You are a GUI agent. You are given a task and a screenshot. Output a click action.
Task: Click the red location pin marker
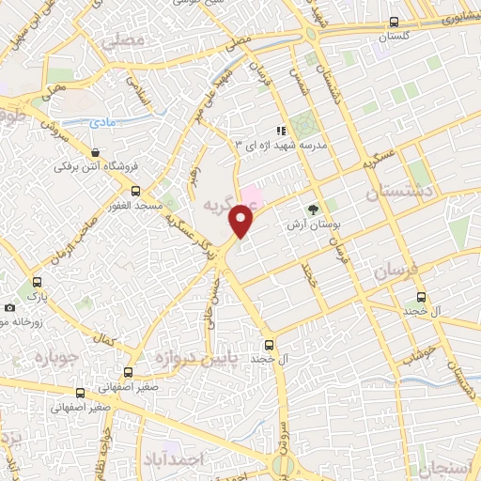242,219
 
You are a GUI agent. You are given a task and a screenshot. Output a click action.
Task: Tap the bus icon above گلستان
394,22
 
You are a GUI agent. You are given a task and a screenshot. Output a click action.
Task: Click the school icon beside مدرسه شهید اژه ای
279,131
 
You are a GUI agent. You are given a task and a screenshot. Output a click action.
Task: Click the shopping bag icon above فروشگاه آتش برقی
95,152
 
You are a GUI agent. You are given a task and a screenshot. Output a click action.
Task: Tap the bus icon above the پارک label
37,281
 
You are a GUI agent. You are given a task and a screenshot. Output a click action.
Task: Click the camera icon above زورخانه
9,307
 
